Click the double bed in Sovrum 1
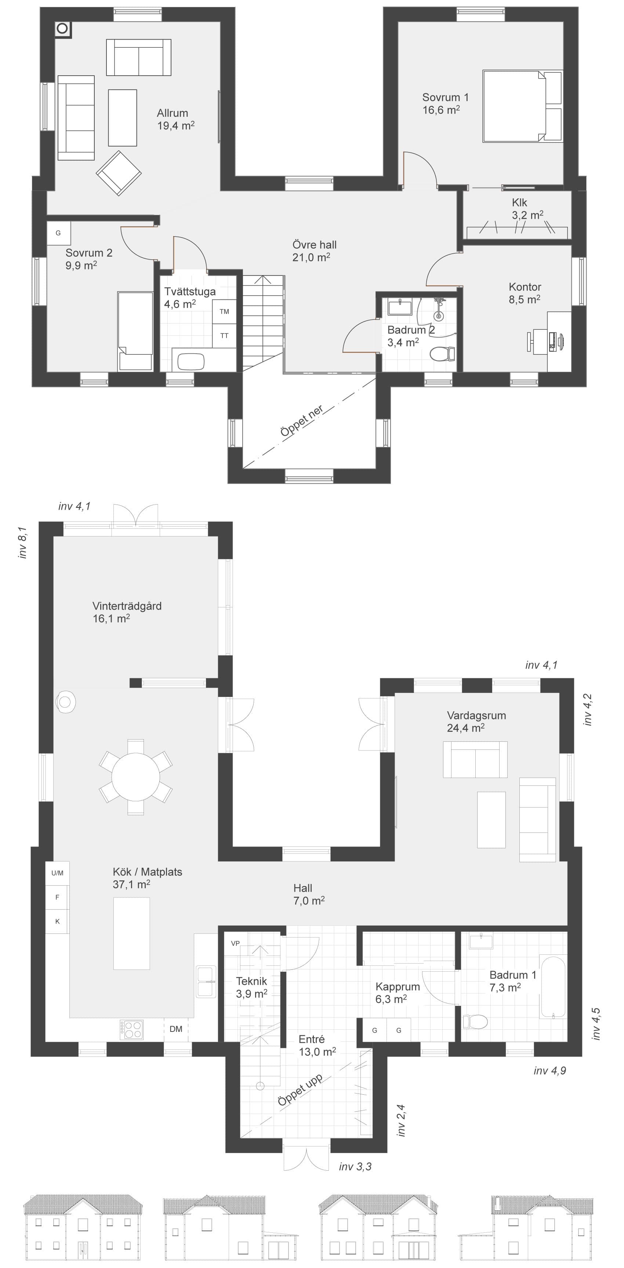(x=522, y=106)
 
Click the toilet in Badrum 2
(x=442, y=353)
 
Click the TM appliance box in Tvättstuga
(x=224, y=312)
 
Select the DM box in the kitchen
(x=176, y=1029)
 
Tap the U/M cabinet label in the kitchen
(x=57, y=873)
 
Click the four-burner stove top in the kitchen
(x=131, y=1030)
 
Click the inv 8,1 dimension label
(x=22, y=542)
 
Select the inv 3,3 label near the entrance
(x=355, y=1166)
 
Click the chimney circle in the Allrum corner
(x=62, y=29)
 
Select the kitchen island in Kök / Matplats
(x=131, y=933)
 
